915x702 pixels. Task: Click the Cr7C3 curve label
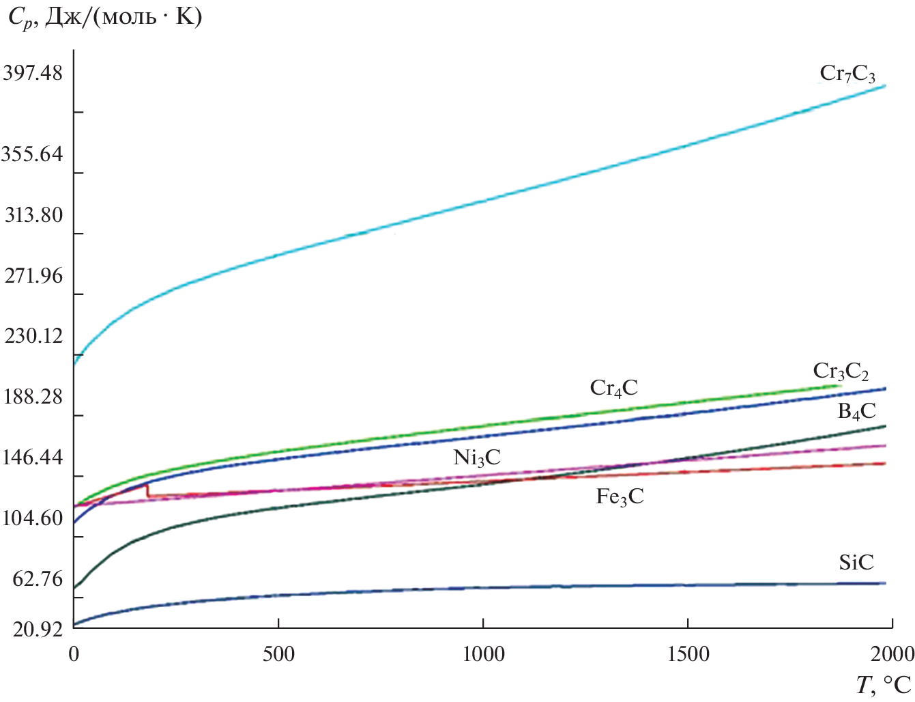(x=847, y=74)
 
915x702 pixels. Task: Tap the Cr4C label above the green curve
(x=613, y=389)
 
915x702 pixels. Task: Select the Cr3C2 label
(x=841, y=371)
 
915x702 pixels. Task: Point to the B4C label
(x=856, y=411)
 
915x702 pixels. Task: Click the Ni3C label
(x=477, y=458)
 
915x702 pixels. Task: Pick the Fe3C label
(x=620, y=496)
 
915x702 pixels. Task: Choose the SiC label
(x=856, y=563)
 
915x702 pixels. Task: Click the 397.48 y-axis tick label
(x=33, y=72)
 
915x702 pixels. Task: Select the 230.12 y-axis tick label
(x=33, y=335)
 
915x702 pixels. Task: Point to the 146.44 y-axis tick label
(x=33, y=457)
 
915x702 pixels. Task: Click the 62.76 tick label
(x=38, y=578)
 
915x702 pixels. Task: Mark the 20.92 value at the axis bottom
(x=37, y=629)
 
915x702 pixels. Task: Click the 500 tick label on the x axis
(x=278, y=654)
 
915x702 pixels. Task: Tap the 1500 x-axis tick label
(x=687, y=654)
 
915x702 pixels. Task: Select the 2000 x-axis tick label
(x=890, y=654)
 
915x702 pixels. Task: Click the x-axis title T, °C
(x=884, y=685)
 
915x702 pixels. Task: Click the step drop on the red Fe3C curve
(x=147, y=490)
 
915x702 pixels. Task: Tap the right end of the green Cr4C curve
(x=839, y=386)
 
